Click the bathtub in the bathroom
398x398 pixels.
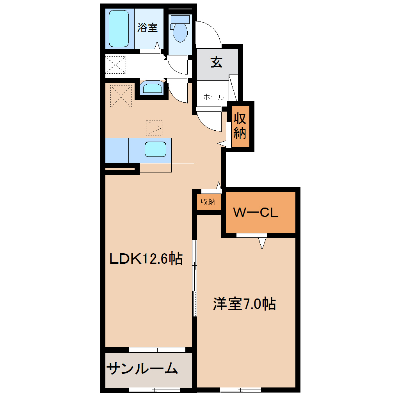119,29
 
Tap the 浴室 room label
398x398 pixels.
147,27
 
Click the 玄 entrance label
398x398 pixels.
217,62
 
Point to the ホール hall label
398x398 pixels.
213,97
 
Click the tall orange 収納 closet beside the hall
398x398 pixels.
240,126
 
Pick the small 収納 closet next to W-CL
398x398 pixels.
208,202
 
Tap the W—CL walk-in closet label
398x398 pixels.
256,212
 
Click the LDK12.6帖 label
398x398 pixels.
146,259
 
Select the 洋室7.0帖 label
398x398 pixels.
244,304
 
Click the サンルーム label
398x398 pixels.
142,369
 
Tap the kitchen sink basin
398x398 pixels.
156,149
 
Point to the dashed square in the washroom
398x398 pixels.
116,65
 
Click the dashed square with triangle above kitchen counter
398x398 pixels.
154,128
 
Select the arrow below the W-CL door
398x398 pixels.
262,243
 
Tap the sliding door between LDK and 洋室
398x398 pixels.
195,278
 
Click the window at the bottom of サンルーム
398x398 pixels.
155,390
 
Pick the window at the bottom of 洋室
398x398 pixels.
241,390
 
